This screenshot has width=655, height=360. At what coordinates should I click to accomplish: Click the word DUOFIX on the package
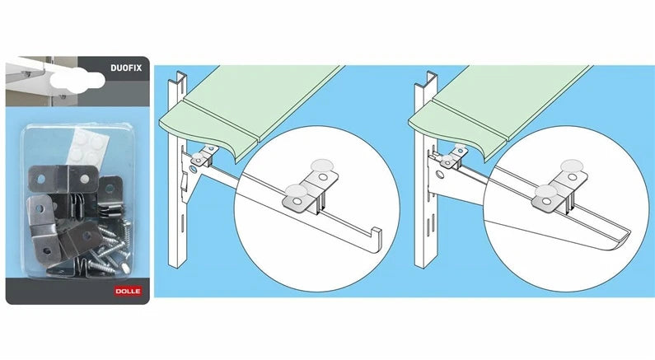126,68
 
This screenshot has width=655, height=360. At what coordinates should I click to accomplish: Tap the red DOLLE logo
128,291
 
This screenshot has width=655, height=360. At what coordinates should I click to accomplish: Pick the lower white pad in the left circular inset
297,191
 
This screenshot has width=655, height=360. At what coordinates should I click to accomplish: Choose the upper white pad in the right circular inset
572,166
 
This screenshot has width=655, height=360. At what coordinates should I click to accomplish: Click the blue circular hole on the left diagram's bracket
192,170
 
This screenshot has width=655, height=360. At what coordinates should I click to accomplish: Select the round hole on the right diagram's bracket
440,174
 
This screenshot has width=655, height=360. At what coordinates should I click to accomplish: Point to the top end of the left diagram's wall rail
180,75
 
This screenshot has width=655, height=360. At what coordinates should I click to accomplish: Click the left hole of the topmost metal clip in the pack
40,179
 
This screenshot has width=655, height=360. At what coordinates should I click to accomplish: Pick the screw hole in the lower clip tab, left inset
296,202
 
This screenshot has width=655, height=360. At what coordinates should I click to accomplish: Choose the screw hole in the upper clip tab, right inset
572,178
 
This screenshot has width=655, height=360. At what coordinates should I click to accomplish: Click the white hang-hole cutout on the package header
77,80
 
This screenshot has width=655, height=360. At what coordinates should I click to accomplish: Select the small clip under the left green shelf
204,156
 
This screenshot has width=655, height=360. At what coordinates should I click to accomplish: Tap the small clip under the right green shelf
454,156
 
